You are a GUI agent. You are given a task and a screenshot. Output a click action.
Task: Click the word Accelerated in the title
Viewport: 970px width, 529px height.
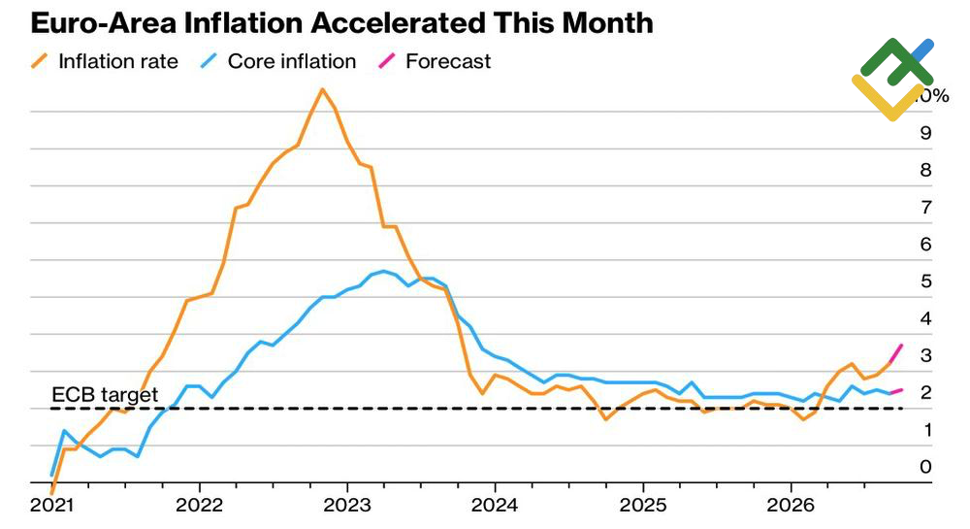click(397, 23)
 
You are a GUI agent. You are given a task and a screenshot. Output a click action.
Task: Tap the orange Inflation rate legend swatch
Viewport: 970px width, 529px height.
click(40, 61)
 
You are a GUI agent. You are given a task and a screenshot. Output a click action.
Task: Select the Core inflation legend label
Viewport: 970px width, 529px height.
click(292, 61)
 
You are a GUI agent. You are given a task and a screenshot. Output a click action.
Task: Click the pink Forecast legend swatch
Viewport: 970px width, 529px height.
click(387, 61)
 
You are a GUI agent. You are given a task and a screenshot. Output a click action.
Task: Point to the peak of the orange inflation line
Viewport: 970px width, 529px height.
click(322, 89)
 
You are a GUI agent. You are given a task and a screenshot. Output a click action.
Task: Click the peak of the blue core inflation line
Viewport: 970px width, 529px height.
click(383, 271)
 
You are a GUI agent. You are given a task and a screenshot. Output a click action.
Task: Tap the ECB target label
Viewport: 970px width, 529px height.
click(105, 395)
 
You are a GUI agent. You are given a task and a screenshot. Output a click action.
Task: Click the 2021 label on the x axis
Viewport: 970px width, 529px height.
click(52, 505)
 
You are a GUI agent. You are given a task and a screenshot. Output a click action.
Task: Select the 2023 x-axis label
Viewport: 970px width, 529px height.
click(347, 505)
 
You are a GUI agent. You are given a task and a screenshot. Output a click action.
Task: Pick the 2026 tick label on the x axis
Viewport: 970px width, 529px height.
click(791, 505)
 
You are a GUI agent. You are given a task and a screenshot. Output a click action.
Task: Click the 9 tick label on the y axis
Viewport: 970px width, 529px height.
click(925, 133)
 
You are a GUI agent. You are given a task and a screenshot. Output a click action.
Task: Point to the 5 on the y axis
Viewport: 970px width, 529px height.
click(925, 281)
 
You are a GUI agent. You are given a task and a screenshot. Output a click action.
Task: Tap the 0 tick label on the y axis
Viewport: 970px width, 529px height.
click(925, 467)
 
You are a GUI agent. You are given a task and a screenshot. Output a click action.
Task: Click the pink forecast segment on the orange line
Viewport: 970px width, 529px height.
click(895, 353)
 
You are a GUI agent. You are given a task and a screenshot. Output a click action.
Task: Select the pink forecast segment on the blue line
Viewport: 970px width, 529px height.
click(895, 391)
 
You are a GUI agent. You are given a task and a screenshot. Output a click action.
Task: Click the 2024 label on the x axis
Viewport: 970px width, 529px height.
click(495, 505)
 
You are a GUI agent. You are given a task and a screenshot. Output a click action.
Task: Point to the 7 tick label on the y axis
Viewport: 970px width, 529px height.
click(925, 208)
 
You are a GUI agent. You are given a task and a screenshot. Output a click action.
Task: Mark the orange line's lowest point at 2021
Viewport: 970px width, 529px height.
click(52, 493)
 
